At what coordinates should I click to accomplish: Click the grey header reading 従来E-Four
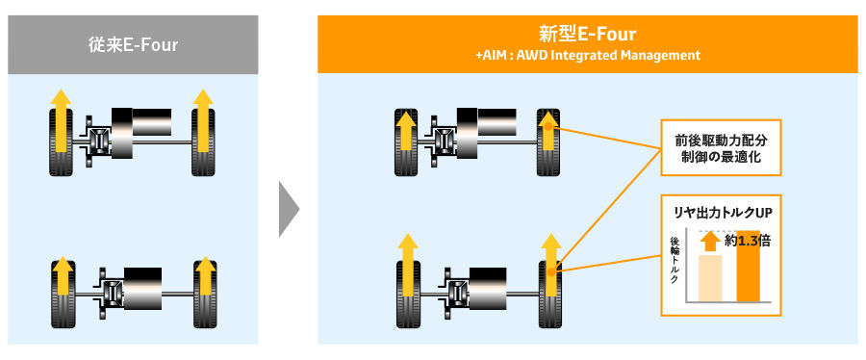point(133,44)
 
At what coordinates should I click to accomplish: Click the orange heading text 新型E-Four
point(587,35)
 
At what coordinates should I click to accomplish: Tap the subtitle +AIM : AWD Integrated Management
point(588,55)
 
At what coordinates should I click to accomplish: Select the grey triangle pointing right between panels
point(289,209)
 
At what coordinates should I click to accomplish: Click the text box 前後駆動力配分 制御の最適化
point(721,148)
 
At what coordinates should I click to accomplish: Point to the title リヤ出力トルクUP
point(721,214)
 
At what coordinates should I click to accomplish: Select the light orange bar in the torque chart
point(710,278)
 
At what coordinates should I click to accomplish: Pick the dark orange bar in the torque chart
point(749,267)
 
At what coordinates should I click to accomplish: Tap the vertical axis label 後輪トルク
point(675,260)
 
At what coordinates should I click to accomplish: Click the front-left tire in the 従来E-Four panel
point(62,141)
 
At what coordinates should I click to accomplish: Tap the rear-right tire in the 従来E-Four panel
point(204,294)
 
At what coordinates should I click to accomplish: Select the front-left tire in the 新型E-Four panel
point(406,141)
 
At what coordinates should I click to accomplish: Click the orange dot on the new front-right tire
point(548,127)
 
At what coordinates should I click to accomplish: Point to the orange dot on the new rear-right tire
point(551,271)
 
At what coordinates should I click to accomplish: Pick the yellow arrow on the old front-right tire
point(203,120)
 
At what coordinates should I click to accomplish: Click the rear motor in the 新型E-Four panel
point(488,288)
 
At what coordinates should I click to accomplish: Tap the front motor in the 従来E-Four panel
point(141,133)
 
